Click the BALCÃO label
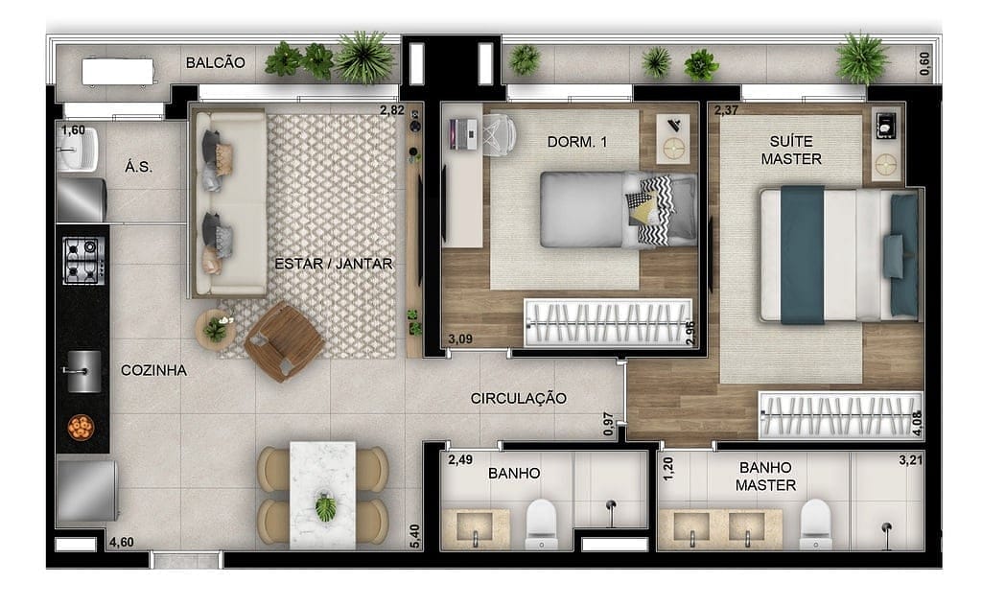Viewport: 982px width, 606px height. click(x=216, y=62)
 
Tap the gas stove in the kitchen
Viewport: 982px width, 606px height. click(x=83, y=261)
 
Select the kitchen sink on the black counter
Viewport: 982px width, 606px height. click(x=83, y=371)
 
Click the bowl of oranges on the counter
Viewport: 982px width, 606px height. click(x=81, y=428)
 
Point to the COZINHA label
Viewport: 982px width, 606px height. click(x=153, y=370)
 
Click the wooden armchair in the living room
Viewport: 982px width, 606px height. click(x=284, y=341)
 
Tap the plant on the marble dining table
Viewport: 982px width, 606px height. click(x=325, y=507)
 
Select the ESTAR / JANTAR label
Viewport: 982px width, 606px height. click(x=333, y=264)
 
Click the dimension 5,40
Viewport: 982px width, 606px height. click(x=414, y=537)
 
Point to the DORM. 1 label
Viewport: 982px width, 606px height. click(x=576, y=142)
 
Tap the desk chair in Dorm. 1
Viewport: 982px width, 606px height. click(x=499, y=132)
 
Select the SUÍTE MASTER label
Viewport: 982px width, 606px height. click(x=791, y=151)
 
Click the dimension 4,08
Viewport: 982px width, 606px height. click(x=918, y=423)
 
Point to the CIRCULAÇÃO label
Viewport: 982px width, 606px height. click(x=519, y=398)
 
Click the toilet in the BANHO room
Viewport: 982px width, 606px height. click(x=541, y=524)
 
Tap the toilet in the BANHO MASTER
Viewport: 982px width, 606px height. click(x=816, y=524)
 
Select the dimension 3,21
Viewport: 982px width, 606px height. click(x=911, y=460)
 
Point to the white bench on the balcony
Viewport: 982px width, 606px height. click(x=117, y=72)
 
